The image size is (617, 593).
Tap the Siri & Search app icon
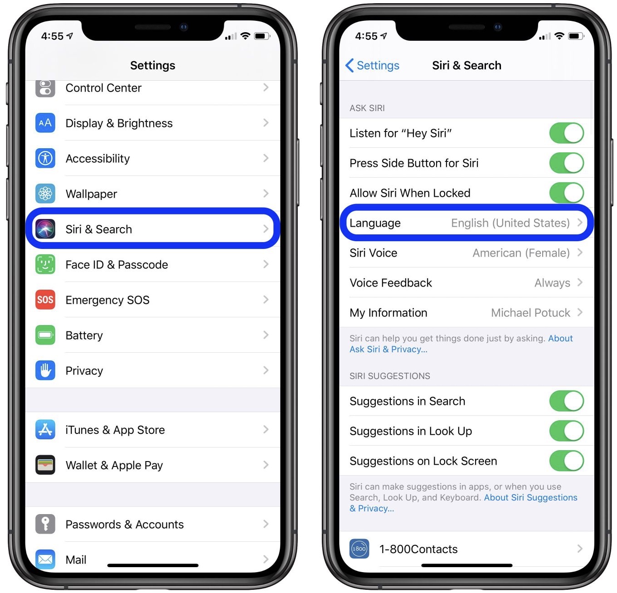tap(45, 229)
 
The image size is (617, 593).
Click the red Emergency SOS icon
tap(45, 300)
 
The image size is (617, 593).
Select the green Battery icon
tap(45, 335)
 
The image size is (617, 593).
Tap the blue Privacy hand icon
tap(45, 370)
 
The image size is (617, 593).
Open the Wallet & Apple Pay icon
tap(45, 465)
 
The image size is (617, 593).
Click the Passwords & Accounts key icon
tap(45, 524)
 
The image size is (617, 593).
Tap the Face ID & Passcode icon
tap(45, 264)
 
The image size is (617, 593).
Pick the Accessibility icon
tap(45, 158)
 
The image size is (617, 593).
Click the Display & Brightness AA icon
tap(45, 123)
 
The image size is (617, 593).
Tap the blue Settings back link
tap(372, 65)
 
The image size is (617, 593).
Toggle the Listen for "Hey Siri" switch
tap(567, 133)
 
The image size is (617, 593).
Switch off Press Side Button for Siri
tap(567, 163)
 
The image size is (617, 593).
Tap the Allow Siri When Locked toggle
tap(567, 193)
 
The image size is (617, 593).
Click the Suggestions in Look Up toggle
tap(567, 431)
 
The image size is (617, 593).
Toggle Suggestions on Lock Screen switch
tap(567, 461)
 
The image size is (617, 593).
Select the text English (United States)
tap(510, 223)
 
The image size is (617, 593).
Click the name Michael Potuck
tap(530, 313)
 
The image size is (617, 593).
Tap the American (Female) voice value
tap(521, 253)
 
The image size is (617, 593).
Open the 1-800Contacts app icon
tap(359, 548)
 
